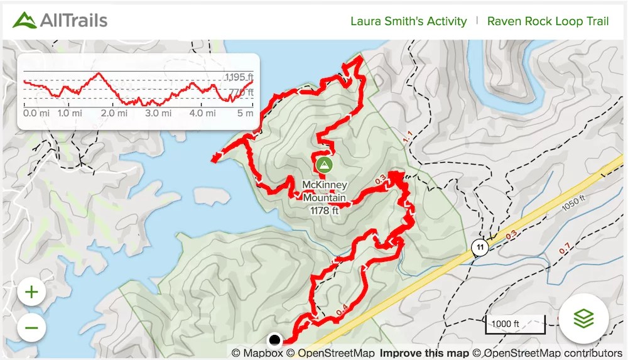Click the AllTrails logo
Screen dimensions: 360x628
click(60, 20)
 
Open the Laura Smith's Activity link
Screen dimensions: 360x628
click(408, 21)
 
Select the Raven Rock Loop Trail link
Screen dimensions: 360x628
click(548, 21)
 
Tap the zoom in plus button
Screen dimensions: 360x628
click(31, 292)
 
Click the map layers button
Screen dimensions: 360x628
click(583, 319)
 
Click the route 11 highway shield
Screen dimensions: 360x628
click(480, 247)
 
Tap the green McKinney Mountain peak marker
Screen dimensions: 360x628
click(324, 166)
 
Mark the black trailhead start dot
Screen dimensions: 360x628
click(274, 341)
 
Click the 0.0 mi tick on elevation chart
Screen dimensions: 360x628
click(31, 114)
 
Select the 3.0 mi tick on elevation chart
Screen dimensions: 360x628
click(158, 114)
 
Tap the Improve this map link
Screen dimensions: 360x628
click(425, 353)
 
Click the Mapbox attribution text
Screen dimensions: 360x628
click(257, 353)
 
